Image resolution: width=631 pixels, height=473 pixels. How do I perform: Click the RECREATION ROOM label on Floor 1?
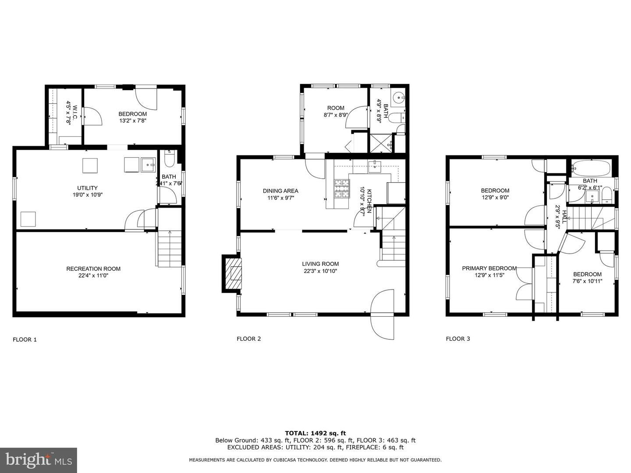pos(93,268)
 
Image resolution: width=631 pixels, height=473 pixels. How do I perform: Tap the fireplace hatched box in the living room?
pos(233,274)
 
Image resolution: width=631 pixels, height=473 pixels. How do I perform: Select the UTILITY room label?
pos(87,188)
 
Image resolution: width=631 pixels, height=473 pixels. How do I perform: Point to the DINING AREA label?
pos(280,191)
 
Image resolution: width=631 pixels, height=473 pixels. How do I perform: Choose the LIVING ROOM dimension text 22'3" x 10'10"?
pos(320,271)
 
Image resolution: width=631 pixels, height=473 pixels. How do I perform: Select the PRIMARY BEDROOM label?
pos(489,268)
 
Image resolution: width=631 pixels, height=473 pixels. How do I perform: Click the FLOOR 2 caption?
pos(248,339)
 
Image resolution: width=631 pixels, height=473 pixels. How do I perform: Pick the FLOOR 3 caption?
pos(458,339)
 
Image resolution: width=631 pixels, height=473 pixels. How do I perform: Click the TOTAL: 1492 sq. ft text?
pos(315,433)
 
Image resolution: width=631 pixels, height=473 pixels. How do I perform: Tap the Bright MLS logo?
pos(38,460)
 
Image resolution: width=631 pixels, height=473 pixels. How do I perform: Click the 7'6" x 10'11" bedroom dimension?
pos(587,281)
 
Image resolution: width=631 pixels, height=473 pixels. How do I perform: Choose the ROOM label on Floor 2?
pos(336,108)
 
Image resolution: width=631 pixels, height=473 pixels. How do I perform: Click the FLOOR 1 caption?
pos(25,339)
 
